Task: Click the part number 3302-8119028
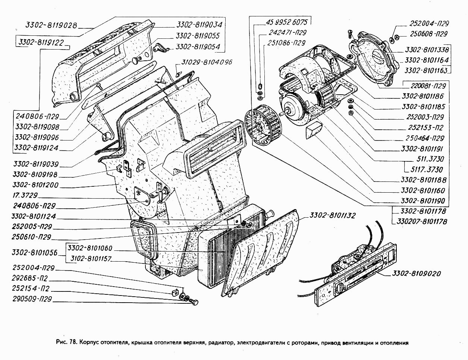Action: coord(51,26)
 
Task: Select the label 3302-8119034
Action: coord(199,25)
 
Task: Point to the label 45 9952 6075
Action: coord(287,22)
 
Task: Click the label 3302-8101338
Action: coord(427,50)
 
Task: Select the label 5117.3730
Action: coord(427,170)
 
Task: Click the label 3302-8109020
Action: coord(416,274)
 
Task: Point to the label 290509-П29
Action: coord(32,299)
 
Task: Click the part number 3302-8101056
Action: coord(35,252)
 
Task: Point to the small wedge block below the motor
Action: coord(313,130)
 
